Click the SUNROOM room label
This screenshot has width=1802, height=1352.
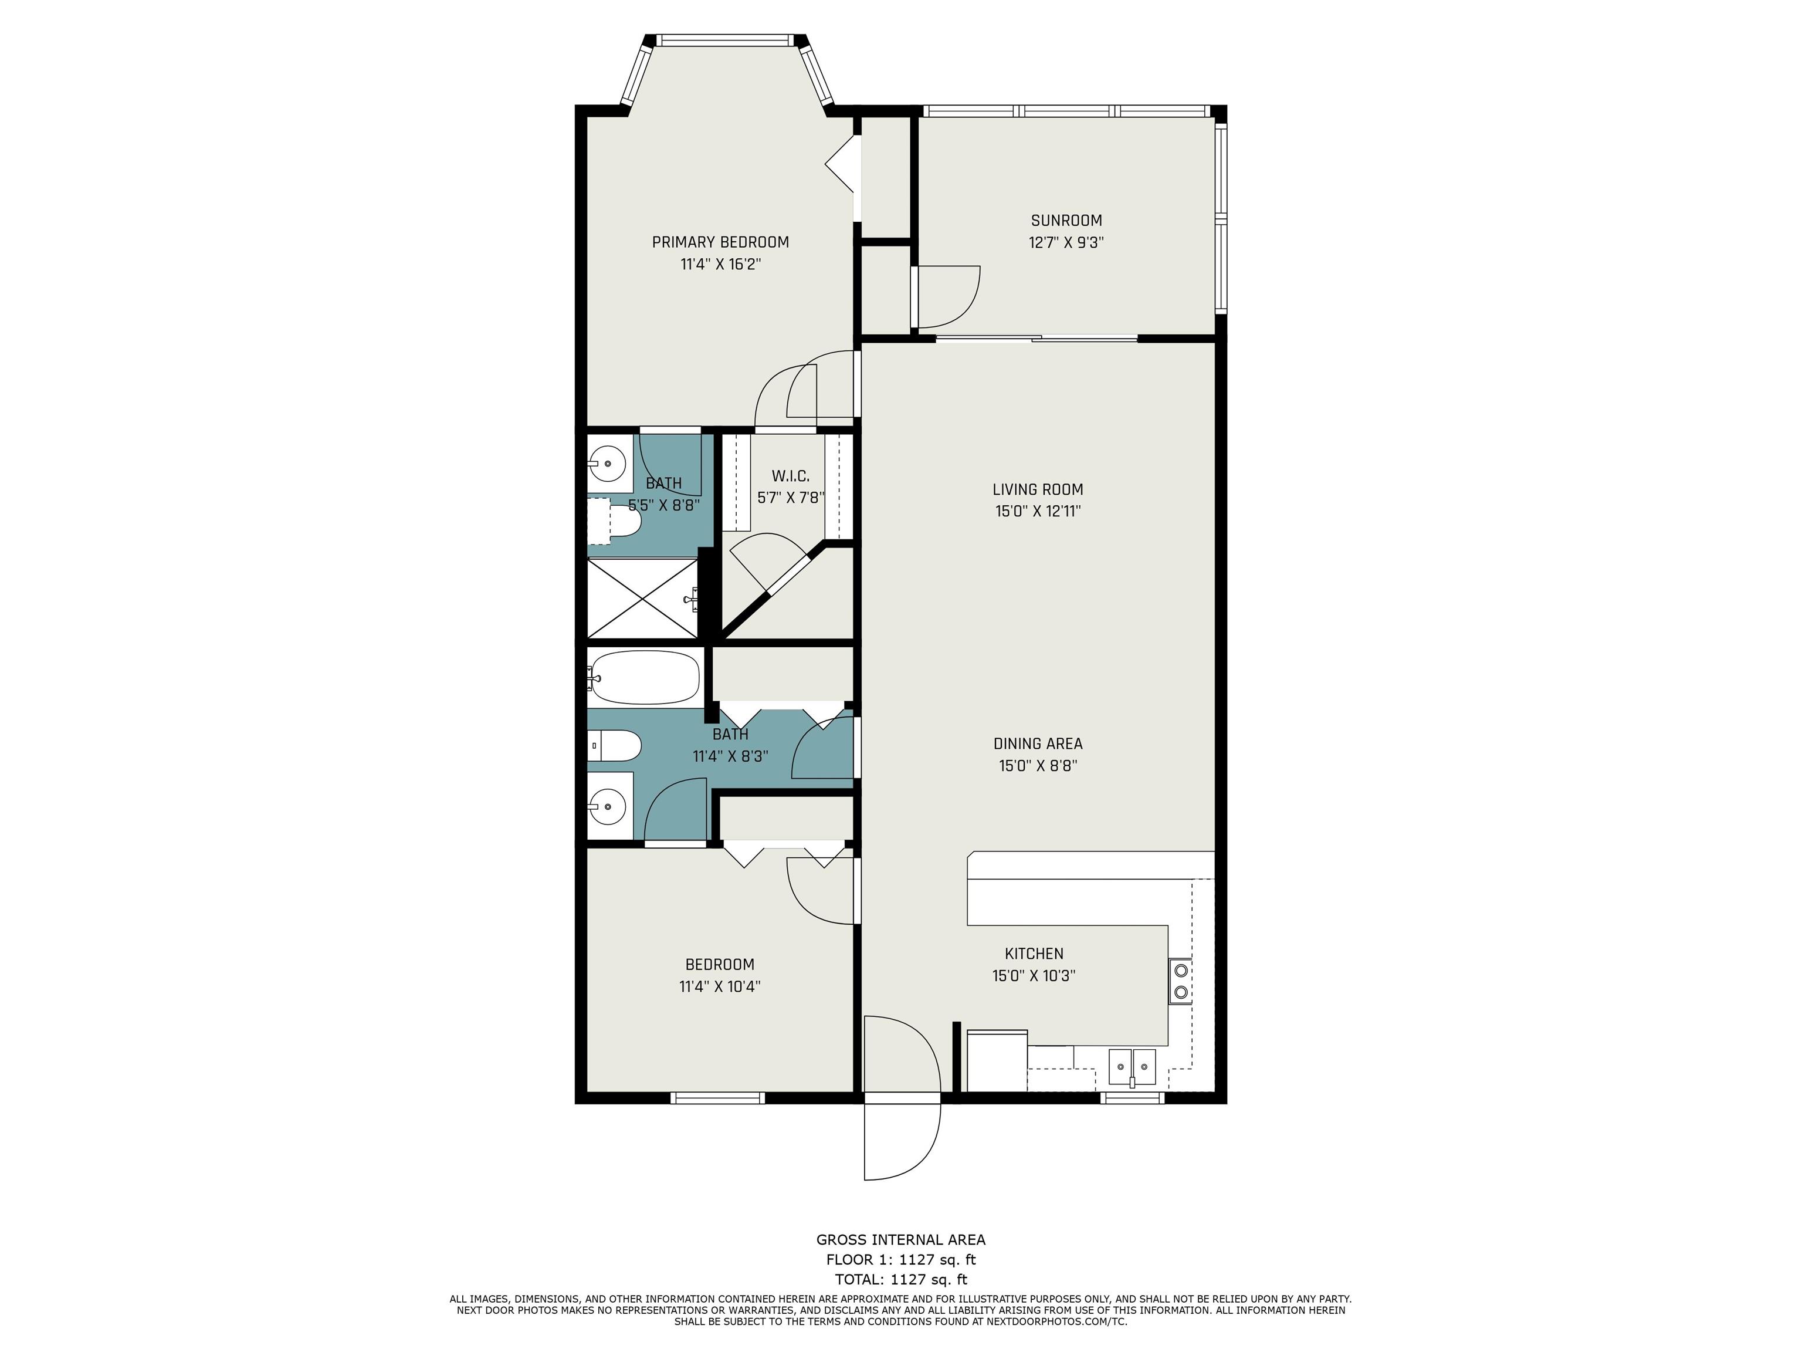click(1066, 220)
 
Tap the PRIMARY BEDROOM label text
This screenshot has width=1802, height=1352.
click(720, 242)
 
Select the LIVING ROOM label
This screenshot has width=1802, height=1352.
click(1037, 489)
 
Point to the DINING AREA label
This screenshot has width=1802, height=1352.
click(1037, 743)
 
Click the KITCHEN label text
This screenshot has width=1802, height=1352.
click(1034, 954)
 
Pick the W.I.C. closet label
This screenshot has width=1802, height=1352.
click(790, 476)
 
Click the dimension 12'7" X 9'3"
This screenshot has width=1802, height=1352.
click(1066, 242)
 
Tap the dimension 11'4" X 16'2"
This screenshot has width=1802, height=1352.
click(720, 264)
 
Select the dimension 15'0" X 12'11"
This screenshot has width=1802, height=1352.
click(1037, 511)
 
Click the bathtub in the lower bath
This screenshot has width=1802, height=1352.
click(643, 677)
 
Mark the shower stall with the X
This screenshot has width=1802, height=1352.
click(643, 598)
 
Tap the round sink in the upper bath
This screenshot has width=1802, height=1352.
click(608, 464)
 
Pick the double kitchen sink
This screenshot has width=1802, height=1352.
click(1132, 1067)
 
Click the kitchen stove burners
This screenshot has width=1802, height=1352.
click(1180, 981)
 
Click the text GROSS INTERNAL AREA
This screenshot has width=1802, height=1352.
click(901, 1239)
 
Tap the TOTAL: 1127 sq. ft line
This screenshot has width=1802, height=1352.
click(901, 1279)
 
